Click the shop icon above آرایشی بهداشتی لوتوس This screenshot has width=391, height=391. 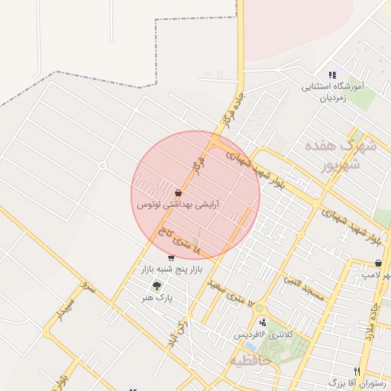178,193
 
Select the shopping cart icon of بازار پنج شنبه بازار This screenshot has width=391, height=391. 170,259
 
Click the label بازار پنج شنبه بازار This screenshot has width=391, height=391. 170,270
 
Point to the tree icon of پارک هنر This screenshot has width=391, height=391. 157,286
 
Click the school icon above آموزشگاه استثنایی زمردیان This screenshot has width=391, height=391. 331,76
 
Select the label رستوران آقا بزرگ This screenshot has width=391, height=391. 358,383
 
